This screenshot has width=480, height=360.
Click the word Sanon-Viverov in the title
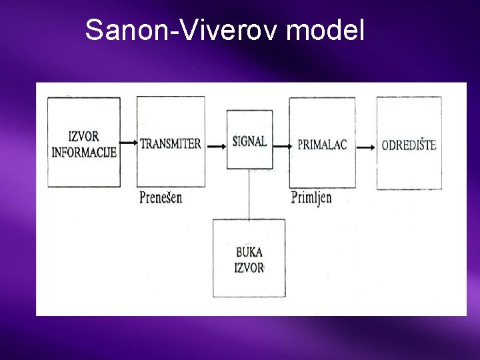tap(174, 30)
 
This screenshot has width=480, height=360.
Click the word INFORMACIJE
tap(84, 152)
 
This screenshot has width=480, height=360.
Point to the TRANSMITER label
tap(171, 144)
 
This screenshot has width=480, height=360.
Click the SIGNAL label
tap(249, 141)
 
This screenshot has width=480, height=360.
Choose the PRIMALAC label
tap(322, 145)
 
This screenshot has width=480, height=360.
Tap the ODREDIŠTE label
tap(409, 145)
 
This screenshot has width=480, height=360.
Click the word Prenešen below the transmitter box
tap(161, 197)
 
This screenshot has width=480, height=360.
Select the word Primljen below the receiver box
tap(311, 197)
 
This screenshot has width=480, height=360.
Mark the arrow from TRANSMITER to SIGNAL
tap(215, 144)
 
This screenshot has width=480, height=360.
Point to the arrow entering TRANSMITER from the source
tap(129, 143)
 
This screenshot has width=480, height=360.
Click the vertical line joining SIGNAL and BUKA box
tap(249, 194)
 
